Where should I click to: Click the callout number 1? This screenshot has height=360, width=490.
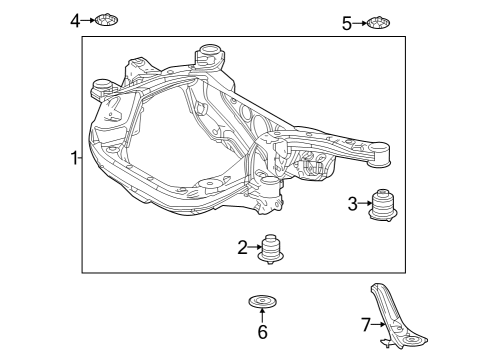tap(73, 158)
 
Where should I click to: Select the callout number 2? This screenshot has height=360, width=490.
tap(242, 247)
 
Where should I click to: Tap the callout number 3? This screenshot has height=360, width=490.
tap(352, 204)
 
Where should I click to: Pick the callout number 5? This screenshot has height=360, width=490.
tap(347, 22)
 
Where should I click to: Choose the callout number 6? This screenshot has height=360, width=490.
tap(262, 332)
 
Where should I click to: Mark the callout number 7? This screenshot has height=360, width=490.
tap(366, 323)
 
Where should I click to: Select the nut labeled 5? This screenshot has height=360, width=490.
tap(378, 22)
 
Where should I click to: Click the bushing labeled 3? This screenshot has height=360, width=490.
tap(383, 204)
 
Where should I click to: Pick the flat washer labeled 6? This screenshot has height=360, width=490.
tap(262, 300)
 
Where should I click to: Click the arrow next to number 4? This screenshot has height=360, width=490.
tap(90, 19)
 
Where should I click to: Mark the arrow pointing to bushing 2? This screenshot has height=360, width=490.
tap(254, 247)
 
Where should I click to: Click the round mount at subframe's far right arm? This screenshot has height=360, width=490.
tap(380, 152)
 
